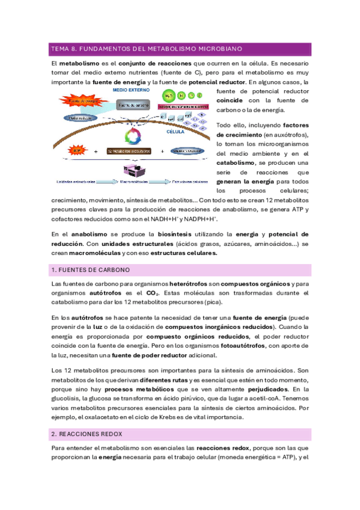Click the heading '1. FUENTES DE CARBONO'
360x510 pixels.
pos(92,270)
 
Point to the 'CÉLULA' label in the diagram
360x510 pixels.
pos(175,131)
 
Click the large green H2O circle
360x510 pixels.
pos(168,96)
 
